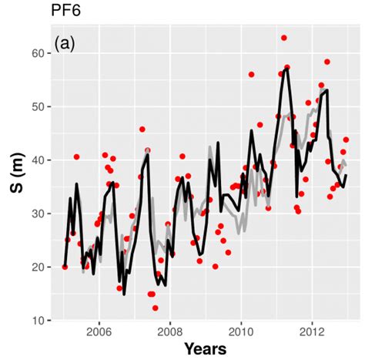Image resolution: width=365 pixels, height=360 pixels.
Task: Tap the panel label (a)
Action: (64, 45)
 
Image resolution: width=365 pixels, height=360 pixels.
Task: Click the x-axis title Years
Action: (205, 349)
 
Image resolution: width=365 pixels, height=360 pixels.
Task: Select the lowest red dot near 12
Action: (155, 308)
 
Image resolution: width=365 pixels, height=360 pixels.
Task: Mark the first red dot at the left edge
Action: (65, 267)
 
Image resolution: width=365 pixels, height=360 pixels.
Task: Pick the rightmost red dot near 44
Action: (347, 140)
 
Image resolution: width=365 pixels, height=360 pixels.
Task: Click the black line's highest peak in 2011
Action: (286, 69)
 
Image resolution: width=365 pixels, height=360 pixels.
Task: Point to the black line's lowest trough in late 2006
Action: (124, 294)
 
